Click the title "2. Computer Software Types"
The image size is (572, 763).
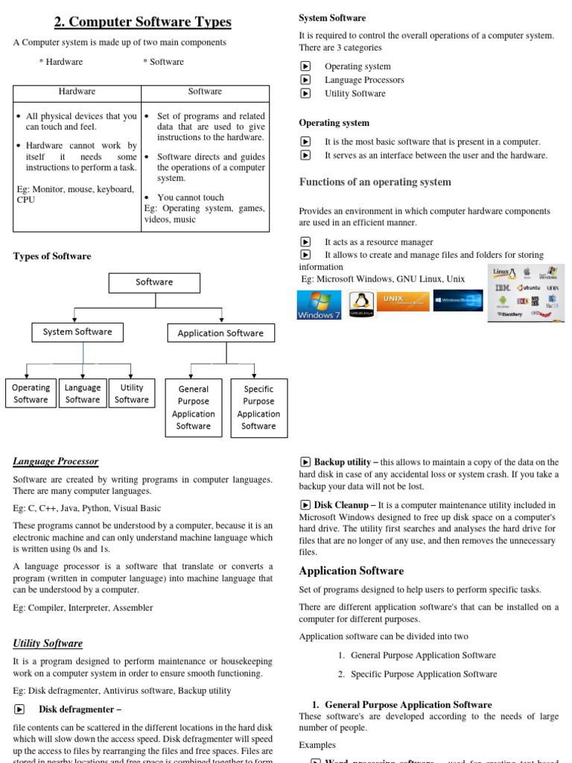tap(142, 22)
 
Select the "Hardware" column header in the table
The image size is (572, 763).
tap(77, 91)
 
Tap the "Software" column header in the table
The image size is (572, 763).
tap(205, 91)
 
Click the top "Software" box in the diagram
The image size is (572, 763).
tap(154, 282)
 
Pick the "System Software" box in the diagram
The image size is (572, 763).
tap(77, 332)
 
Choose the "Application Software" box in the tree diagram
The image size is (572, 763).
tap(220, 333)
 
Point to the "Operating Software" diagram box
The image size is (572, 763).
tap(31, 393)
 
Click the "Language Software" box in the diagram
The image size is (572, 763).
tap(83, 393)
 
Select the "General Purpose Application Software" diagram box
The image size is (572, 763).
tap(194, 408)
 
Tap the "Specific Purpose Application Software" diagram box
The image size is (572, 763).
tap(258, 408)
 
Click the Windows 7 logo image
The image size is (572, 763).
tap(319, 305)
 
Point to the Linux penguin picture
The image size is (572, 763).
tap(361, 304)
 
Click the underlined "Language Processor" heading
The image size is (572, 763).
tap(56, 461)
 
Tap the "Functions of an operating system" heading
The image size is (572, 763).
tap(375, 182)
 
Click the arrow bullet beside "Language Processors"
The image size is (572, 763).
tap(305, 80)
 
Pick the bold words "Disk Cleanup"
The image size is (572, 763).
tap(341, 504)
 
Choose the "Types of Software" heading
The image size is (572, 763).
tap(52, 256)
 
